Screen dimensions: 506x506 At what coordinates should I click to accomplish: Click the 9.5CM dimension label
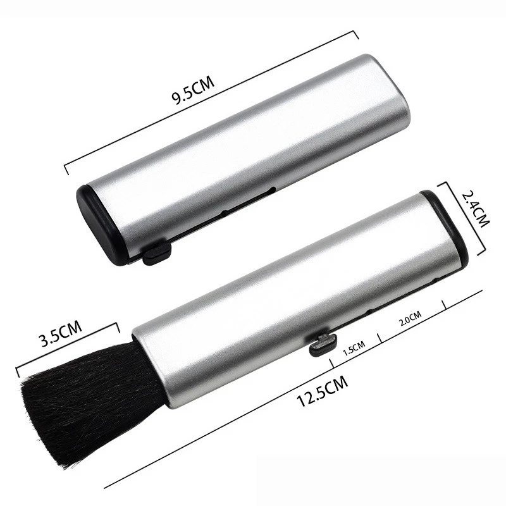[193, 90]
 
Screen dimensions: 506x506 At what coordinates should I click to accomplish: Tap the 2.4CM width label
[476, 209]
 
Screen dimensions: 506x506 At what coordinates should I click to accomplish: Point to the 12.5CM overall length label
[322, 391]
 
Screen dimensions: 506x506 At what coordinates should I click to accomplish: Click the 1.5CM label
[354, 348]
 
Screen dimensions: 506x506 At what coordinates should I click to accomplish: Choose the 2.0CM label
[410, 318]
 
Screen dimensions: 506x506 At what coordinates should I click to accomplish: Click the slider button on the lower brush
[323, 344]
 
